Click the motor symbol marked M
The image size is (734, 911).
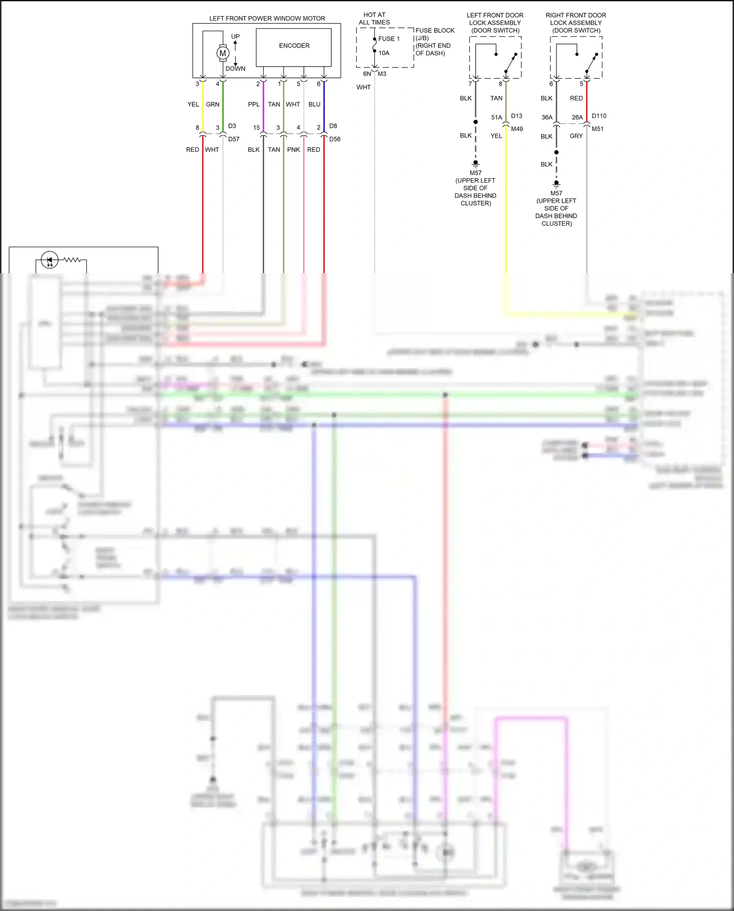223,53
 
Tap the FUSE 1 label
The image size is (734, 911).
389,39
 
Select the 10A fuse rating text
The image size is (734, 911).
384,53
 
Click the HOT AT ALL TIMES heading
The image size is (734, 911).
374,19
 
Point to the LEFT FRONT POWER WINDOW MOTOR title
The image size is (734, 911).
267,19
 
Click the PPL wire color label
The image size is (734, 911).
254,104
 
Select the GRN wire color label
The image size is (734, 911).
213,104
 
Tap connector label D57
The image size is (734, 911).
234,139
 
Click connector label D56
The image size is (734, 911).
335,139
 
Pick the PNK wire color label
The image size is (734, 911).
294,150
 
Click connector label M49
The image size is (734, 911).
517,129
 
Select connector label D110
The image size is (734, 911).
599,116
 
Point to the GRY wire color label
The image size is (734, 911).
576,136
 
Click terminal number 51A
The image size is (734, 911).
497,117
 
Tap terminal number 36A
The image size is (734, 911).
547,117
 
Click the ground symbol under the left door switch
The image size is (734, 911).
476,164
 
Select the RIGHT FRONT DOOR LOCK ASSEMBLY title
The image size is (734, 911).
576,23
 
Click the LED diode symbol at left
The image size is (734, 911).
49,260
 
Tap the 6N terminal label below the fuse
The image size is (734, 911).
367,74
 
